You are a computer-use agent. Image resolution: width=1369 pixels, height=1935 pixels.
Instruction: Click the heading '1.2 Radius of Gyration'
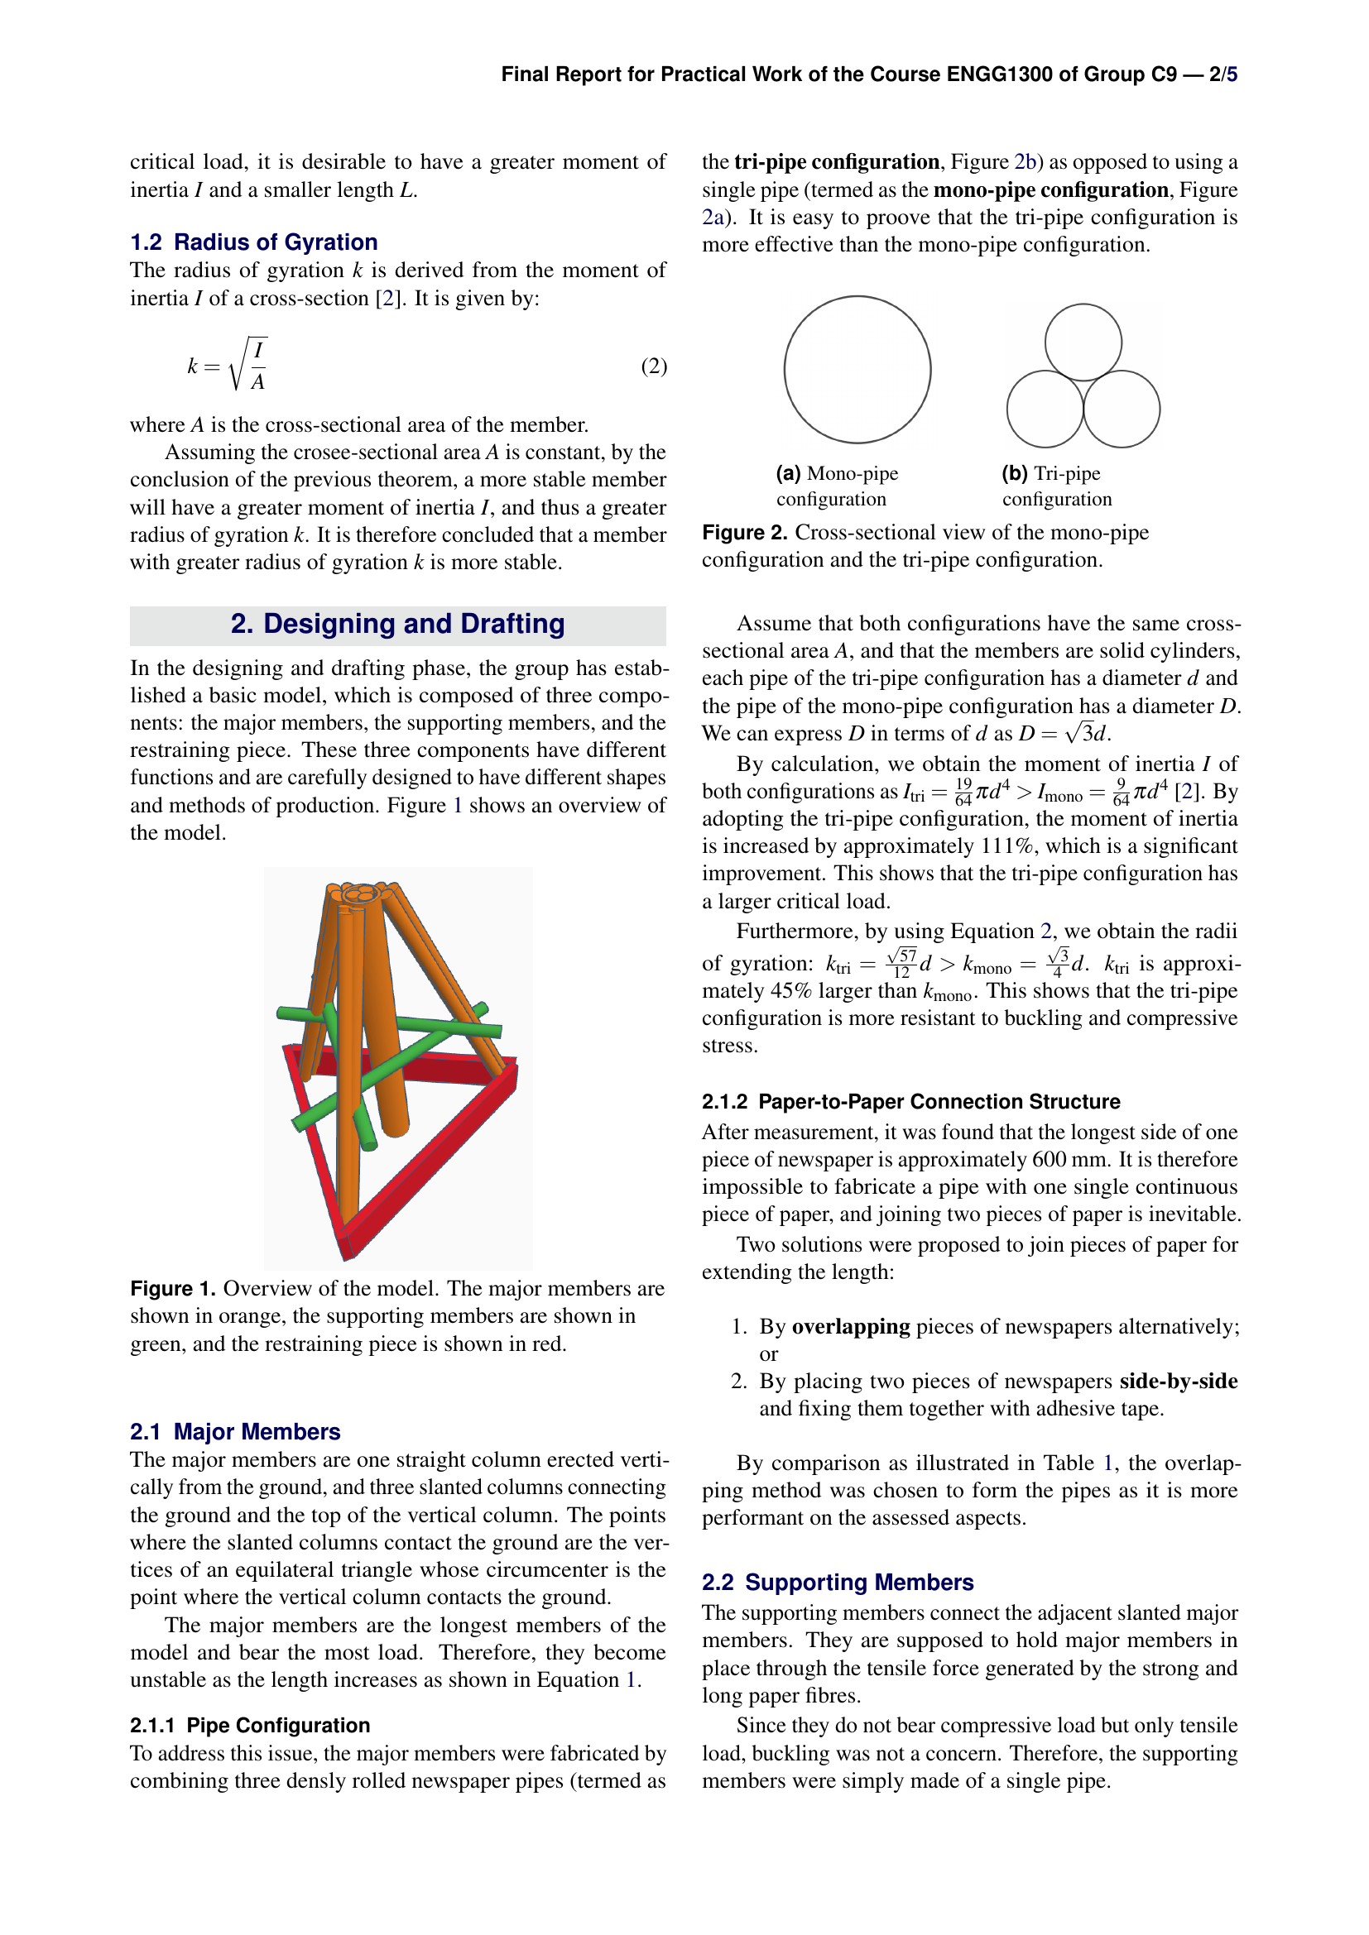pos(254,242)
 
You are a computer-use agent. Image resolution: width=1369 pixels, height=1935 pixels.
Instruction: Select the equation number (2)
pos(653,366)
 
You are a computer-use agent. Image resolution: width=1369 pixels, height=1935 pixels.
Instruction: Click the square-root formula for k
pos(228,366)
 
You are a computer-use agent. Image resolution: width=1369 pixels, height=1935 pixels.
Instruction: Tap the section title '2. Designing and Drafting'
pos(397,624)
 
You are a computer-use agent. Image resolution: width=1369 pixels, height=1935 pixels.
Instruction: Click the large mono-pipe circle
pos(857,369)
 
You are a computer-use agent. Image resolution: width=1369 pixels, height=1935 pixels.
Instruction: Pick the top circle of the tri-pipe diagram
pos(1083,342)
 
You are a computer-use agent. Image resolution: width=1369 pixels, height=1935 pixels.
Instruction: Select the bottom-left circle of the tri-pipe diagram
pos(1045,410)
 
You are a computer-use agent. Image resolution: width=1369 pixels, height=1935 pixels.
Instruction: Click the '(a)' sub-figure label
pos(788,474)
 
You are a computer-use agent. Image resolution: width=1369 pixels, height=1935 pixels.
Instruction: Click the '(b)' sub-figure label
pos(1014,474)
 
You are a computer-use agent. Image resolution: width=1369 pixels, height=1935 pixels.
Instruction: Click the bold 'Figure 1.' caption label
pos(173,1289)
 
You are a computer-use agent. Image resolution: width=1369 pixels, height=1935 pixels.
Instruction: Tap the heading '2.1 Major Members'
pos(235,1432)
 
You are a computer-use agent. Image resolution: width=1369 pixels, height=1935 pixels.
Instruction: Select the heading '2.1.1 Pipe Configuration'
pos(250,1725)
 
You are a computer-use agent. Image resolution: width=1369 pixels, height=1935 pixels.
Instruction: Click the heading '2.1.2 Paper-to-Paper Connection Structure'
pos(910,1101)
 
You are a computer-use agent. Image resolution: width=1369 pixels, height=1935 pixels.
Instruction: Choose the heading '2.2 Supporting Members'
pos(837,1582)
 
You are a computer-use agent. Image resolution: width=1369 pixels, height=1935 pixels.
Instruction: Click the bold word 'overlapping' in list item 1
pos(851,1326)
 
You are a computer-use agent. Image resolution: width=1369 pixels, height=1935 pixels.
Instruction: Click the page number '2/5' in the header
pos(1222,74)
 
